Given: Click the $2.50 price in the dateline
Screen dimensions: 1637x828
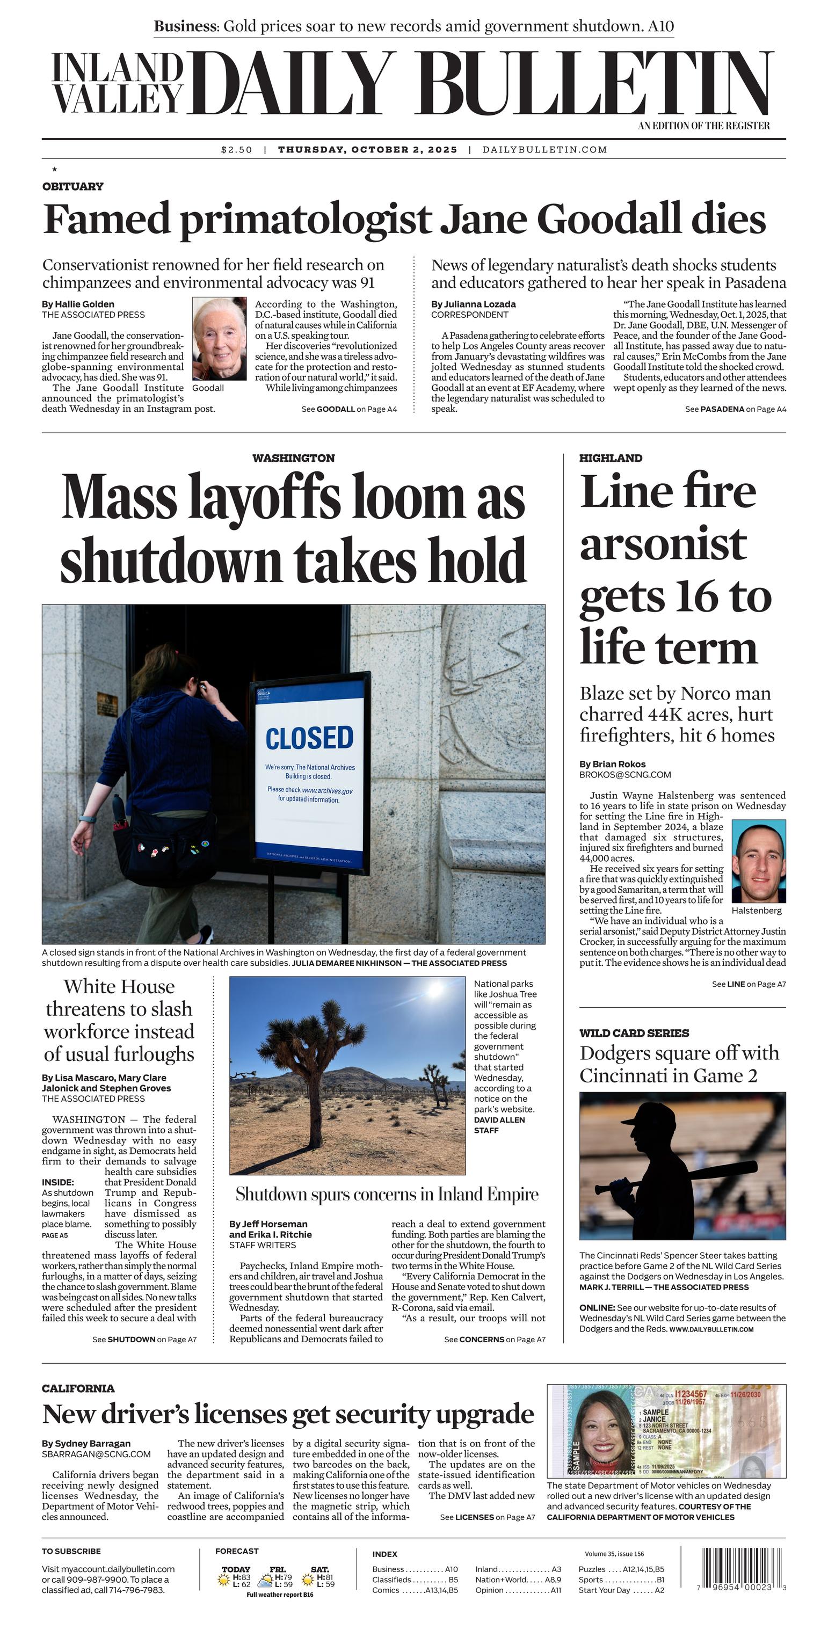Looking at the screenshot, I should tap(236, 150).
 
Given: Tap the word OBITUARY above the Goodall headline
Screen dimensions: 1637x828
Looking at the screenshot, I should tap(72, 186).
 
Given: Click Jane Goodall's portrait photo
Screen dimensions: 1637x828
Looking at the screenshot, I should tap(219, 339).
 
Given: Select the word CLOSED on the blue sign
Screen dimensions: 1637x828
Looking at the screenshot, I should tap(309, 738).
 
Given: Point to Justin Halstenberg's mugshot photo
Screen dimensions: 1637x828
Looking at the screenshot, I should tap(759, 861).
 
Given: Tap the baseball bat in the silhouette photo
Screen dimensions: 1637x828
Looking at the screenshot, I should tap(686, 1177).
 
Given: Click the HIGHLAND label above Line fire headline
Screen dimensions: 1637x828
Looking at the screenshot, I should tap(610, 458).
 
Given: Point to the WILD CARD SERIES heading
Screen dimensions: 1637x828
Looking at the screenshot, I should tap(634, 1032).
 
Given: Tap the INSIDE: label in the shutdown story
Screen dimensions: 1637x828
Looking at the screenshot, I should tap(58, 1182).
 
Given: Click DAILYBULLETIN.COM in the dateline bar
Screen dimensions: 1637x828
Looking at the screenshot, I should tap(544, 150).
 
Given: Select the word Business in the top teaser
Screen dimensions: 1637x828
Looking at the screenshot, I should tap(185, 27).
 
